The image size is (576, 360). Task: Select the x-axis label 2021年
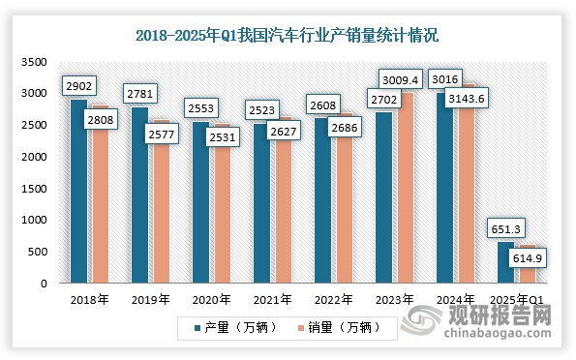[271, 299]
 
